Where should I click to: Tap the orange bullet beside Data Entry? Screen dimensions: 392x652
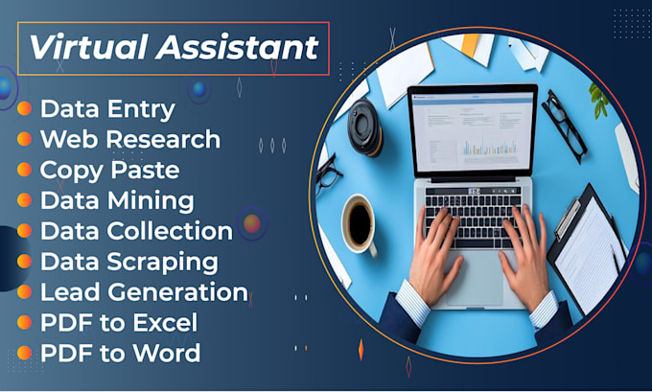coord(25,109)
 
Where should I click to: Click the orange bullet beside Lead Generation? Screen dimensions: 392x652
coord(25,292)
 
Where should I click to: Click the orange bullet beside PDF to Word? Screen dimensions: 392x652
coord(25,353)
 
